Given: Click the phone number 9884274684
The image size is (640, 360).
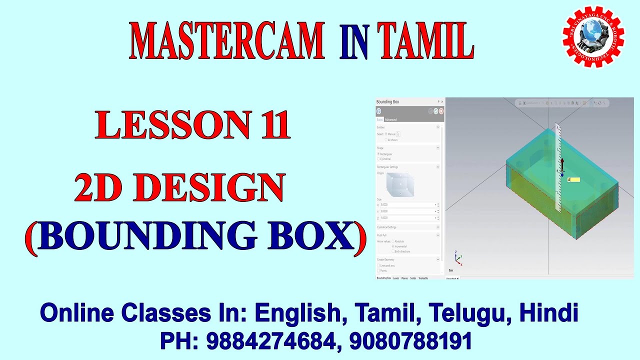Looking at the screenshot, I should point(270,341).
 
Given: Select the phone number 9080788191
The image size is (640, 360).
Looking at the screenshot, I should point(410,341).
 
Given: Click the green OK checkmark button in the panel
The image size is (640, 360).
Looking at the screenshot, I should point(436,111).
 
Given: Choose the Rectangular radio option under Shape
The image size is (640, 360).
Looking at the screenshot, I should point(378,154).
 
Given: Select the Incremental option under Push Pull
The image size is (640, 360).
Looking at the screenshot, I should point(393,246).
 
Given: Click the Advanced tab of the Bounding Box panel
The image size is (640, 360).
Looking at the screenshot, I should point(390,119).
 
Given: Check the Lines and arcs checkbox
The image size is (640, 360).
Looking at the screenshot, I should point(378,265).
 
